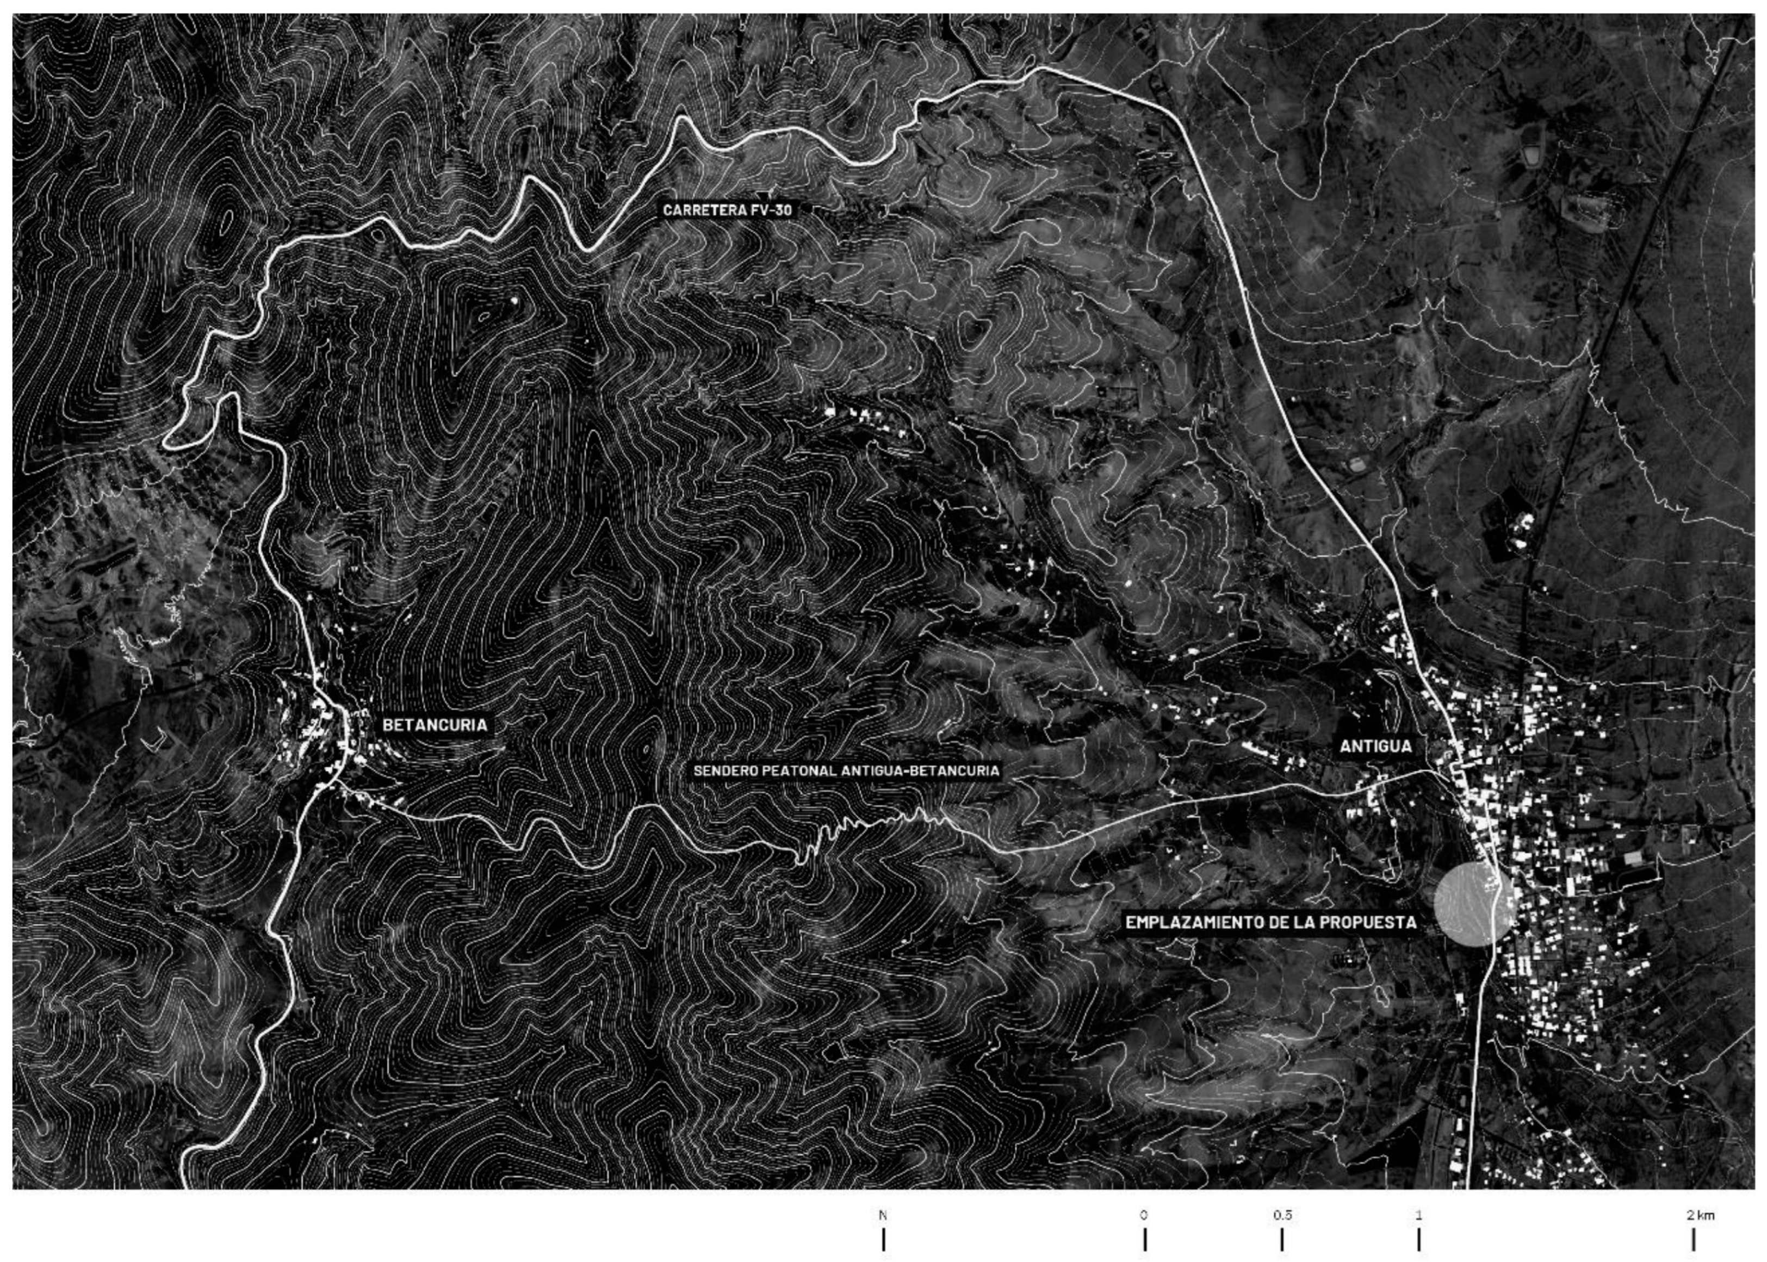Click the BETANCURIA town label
pos(435,725)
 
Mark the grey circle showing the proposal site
pos(1474,904)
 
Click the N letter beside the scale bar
pos(883,1215)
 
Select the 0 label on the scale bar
pos(1144,1215)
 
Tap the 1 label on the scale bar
pos(1419,1215)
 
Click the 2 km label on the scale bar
pos(1700,1215)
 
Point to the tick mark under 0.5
pos(1282,1239)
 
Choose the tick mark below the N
pos(883,1239)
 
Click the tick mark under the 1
pos(1419,1239)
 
